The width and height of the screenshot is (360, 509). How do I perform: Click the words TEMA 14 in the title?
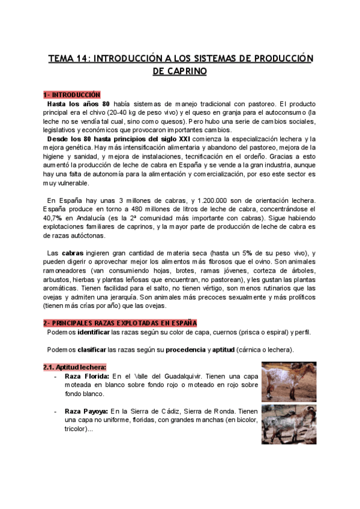[67, 58]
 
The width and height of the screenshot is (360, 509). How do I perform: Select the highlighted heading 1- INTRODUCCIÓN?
[71, 95]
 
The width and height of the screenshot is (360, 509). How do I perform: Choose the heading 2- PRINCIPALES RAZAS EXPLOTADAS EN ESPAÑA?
[120, 323]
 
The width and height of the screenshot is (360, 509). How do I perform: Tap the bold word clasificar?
[91, 351]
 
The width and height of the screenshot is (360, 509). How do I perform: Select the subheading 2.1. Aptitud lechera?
[75, 367]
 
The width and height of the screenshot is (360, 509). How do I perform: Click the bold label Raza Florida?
[86, 376]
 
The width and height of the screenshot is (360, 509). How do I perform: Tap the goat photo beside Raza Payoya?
[289, 424]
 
